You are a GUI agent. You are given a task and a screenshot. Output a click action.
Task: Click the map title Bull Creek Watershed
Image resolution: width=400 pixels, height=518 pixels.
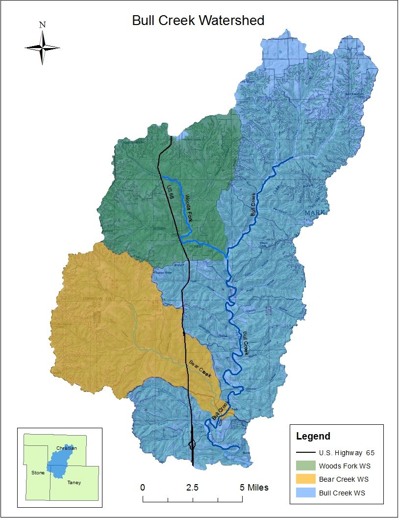coord(198,21)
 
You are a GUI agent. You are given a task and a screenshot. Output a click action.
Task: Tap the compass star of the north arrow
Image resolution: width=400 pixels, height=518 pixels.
coord(43,48)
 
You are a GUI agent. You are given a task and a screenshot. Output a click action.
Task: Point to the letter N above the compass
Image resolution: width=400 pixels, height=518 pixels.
coord(43,25)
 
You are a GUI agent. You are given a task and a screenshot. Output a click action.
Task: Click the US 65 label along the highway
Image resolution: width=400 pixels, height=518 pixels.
coord(171,192)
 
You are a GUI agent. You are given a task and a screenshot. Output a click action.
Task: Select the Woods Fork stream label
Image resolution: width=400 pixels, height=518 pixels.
coord(189,208)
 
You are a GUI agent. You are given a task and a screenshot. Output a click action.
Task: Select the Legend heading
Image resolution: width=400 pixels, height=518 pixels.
coord(313,436)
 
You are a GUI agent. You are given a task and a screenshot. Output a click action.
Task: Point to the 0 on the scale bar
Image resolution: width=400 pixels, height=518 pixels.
coord(143,488)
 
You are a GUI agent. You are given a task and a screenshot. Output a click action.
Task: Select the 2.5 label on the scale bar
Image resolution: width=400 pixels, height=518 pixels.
coord(192,488)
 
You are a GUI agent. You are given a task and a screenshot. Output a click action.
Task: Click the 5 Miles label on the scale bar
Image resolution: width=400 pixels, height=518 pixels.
coord(254,488)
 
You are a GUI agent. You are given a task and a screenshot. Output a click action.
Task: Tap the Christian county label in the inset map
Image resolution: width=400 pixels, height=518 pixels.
coord(67,448)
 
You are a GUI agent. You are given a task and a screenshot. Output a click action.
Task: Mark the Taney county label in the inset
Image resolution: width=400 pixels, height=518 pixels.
coord(75,483)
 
